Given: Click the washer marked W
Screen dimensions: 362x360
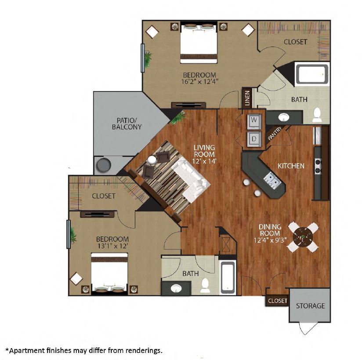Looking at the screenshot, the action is (x=254, y=121).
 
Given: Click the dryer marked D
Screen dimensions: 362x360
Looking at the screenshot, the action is (x=254, y=139).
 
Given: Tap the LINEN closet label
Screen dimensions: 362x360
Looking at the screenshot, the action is (x=247, y=98).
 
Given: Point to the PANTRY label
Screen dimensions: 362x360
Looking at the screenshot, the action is (x=275, y=133).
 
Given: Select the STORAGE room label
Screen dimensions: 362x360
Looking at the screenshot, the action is (x=310, y=305).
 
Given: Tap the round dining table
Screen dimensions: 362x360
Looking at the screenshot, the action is (x=303, y=237).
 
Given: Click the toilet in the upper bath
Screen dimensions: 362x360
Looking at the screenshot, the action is (x=317, y=115).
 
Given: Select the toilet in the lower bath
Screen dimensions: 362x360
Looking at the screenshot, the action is (x=205, y=285).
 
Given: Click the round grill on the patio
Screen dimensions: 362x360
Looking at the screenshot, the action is (x=103, y=165).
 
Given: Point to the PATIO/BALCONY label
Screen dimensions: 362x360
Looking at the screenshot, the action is (x=127, y=124).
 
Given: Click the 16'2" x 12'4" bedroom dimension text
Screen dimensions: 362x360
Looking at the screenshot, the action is (x=200, y=82).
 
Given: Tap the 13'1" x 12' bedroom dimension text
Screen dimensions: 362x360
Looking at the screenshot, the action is (x=112, y=246).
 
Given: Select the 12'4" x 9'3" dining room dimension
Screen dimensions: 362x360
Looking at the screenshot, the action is (x=270, y=240).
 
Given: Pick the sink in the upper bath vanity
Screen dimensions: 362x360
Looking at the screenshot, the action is (x=284, y=117).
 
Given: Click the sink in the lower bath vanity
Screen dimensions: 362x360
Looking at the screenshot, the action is (x=176, y=288).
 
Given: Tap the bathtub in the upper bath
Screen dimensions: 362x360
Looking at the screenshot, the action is (x=312, y=74).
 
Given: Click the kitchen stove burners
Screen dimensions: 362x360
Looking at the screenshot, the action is (x=319, y=166).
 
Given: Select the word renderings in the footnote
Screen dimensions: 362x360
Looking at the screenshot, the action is (x=144, y=350).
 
